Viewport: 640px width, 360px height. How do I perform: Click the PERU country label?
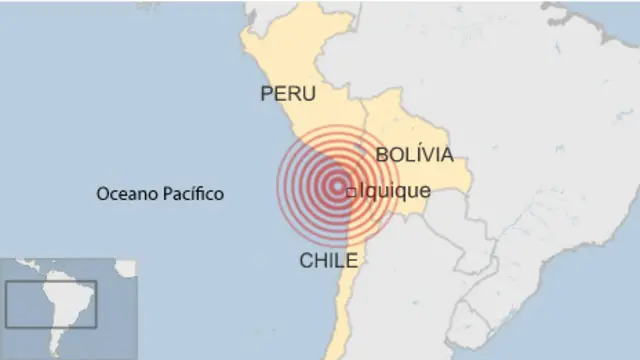pos(288,94)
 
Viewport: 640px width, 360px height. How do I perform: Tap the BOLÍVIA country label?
pos(414,155)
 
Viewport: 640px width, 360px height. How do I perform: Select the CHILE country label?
pos(329,261)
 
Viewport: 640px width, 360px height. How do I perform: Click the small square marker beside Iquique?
pos(350,192)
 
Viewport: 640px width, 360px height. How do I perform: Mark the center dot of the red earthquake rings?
pos(332,185)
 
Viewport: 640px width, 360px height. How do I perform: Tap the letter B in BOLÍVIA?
pos(382,156)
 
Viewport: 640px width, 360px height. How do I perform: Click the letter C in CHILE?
pos(306,261)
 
